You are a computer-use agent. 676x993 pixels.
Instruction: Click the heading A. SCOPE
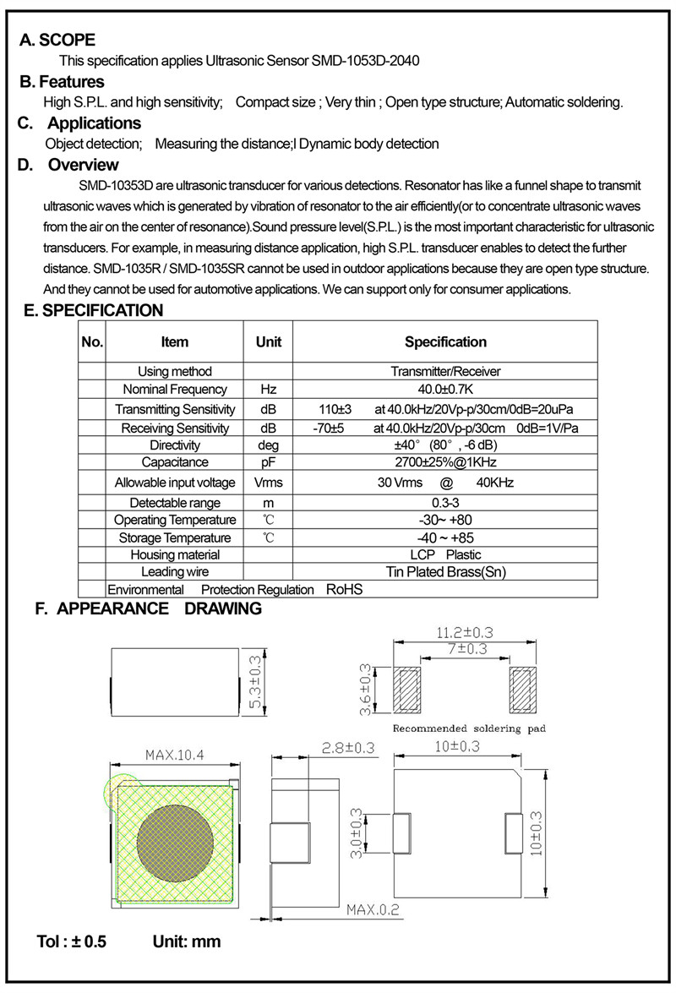click(57, 40)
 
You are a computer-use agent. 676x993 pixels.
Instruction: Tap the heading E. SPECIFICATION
click(94, 310)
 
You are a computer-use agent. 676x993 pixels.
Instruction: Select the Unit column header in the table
click(268, 342)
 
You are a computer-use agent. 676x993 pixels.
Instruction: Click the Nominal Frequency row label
click(175, 390)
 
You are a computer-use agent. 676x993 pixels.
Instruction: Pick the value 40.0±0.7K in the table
click(445, 390)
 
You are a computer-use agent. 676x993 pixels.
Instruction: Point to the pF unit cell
click(268, 462)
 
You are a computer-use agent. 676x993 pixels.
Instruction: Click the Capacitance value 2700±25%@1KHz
click(445, 462)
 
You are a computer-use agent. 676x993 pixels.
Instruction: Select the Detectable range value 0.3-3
click(445, 503)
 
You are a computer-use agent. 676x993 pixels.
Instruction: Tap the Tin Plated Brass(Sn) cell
click(445, 572)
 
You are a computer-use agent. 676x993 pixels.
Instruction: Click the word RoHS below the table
click(344, 589)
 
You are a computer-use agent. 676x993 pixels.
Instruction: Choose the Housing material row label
click(175, 555)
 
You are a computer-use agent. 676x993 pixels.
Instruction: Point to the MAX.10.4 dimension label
click(174, 755)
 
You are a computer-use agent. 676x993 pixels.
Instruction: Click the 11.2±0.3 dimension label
click(465, 633)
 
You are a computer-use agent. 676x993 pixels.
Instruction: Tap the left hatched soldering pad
click(409, 690)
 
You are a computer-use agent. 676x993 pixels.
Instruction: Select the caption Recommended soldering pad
click(469, 728)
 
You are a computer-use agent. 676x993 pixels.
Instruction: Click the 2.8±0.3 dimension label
click(348, 749)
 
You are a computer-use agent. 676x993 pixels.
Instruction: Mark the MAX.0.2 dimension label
click(373, 910)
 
